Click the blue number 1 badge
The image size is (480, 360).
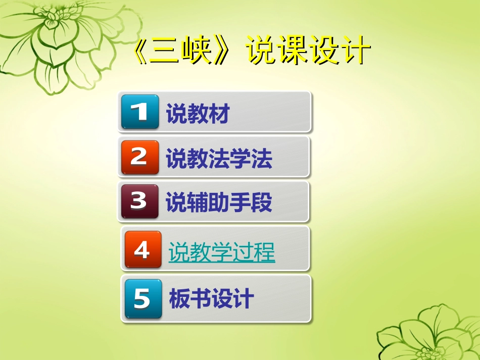(140, 112)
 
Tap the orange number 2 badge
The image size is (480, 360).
(140, 157)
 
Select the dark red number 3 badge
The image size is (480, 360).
(140, 201)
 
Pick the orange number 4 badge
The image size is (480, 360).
(143, 249)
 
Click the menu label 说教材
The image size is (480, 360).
(198, 115)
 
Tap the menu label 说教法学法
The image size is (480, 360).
(219, 159)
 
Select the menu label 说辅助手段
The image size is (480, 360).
(219, 202)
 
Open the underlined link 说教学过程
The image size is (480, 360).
(222, 251)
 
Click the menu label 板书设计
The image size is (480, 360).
(211, 299)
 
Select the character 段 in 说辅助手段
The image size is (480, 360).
(262, 202)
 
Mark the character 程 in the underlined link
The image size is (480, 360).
(265, 251)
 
